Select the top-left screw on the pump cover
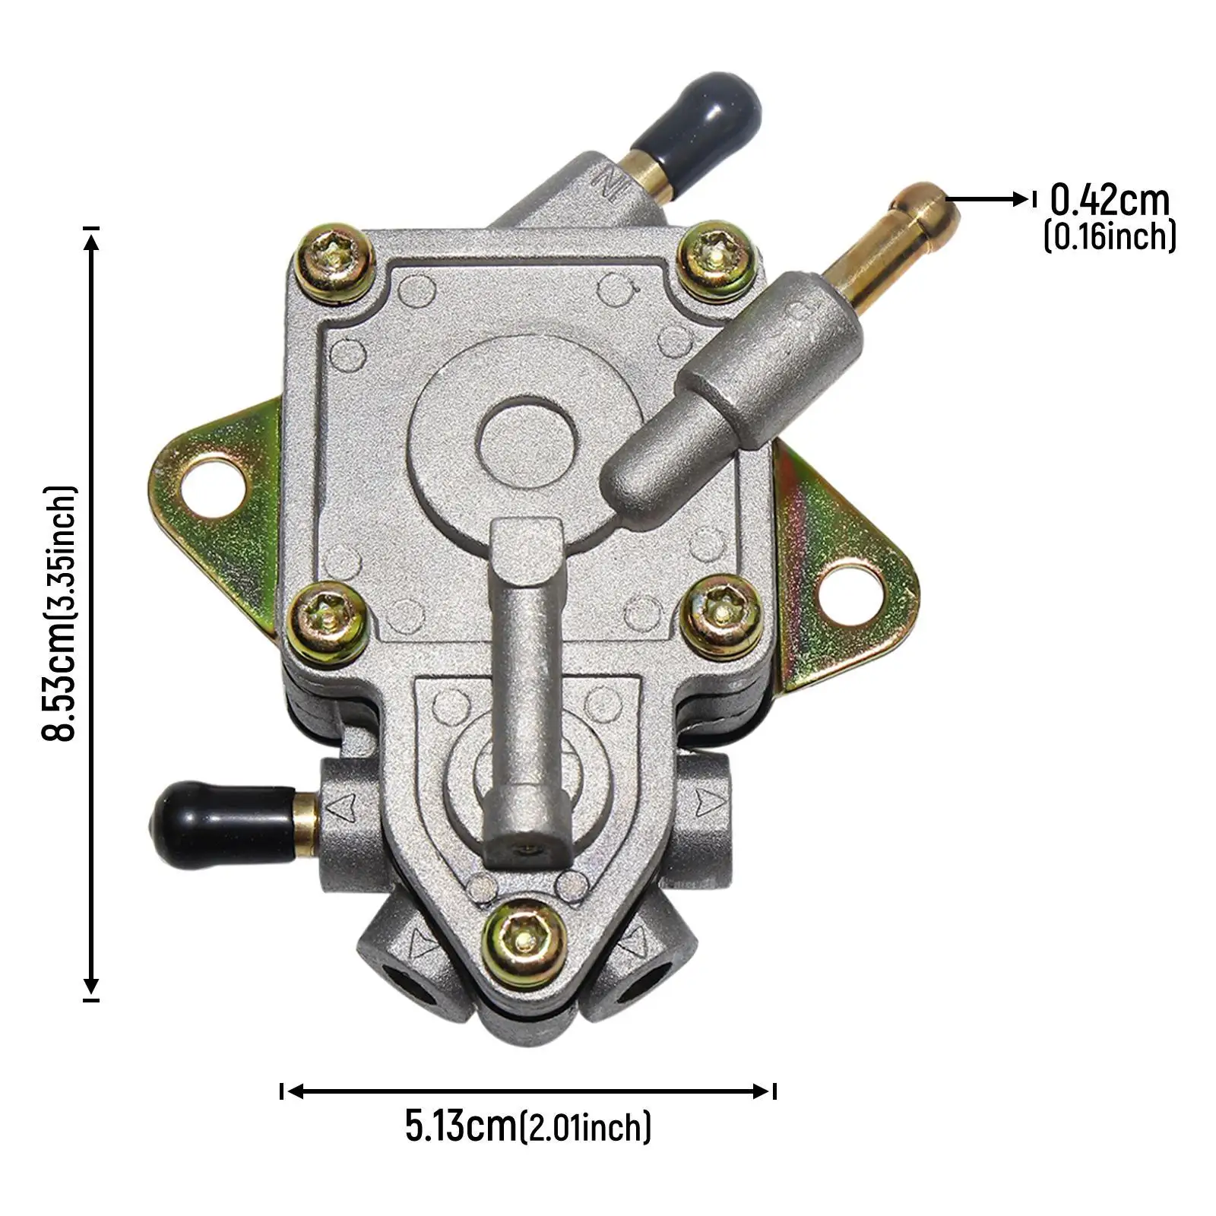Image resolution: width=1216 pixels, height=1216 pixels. click(334, 261)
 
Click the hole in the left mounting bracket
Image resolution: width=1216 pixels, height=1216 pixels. click(214, 485)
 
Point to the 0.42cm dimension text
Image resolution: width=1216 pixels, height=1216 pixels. click(1109, 201)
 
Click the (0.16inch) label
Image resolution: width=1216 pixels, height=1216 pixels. click(1109, 236)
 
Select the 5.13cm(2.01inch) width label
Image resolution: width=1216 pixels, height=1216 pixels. click(527, 1126)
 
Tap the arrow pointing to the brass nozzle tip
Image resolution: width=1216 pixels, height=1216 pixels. click(988, 200)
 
